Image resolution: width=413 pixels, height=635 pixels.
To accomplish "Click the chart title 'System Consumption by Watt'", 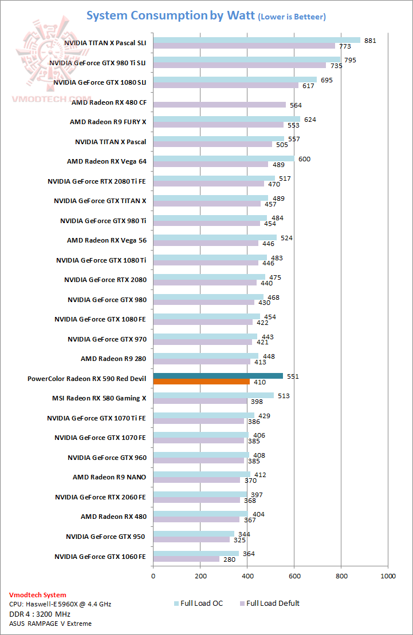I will point(171,15).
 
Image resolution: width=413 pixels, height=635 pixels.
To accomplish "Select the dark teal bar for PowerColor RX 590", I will point(218,376).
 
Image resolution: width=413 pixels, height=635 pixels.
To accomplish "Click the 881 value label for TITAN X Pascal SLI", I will point(370,40).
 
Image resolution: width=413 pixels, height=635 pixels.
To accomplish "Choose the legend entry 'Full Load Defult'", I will point(273,603).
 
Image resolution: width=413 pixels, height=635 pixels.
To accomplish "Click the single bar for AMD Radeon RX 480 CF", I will point(219,105).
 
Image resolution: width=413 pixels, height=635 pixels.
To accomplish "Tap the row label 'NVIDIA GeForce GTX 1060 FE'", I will point(100,556).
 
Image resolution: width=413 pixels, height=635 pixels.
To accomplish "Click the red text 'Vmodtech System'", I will point(37,595).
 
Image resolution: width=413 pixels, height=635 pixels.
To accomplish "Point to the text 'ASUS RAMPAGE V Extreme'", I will point(50,624).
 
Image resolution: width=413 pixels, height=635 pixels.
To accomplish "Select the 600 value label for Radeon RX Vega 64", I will point(304,159).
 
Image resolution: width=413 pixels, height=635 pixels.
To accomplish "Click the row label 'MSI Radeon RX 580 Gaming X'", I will point(99,398).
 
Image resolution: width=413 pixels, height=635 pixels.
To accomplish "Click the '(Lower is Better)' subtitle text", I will point(292,17).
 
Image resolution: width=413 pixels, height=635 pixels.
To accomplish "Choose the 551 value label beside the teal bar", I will point(293,376).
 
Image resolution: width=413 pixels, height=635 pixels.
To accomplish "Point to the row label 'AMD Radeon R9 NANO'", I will point(109,477).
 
